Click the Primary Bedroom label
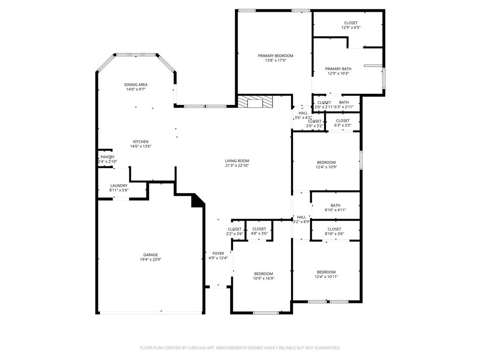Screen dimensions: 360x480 pos(275,56)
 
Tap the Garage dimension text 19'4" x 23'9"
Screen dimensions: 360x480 pos(150,259)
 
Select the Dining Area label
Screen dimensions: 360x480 pos(136,85)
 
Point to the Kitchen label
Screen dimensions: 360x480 pos(141,142)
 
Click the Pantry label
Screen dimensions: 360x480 pos(107,157)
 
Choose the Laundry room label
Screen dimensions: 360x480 pos(119,186)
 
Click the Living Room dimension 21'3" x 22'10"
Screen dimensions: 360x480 pos(237,165)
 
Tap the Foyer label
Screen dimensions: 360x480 pos(218,253)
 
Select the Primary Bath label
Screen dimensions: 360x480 pos(338,69)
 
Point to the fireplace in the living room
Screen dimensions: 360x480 pos(255,102)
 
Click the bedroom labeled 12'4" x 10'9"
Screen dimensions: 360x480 pos(326,165)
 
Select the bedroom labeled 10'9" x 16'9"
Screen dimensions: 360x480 pos(263,276)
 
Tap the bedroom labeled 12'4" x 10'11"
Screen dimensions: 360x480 pos(326,274)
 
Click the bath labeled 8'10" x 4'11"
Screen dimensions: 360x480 pos(335,207)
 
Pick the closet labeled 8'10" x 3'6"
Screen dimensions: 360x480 pos(334,231)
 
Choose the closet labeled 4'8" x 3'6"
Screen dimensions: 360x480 pos(259,231)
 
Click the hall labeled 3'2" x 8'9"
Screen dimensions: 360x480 pos(301,219)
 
